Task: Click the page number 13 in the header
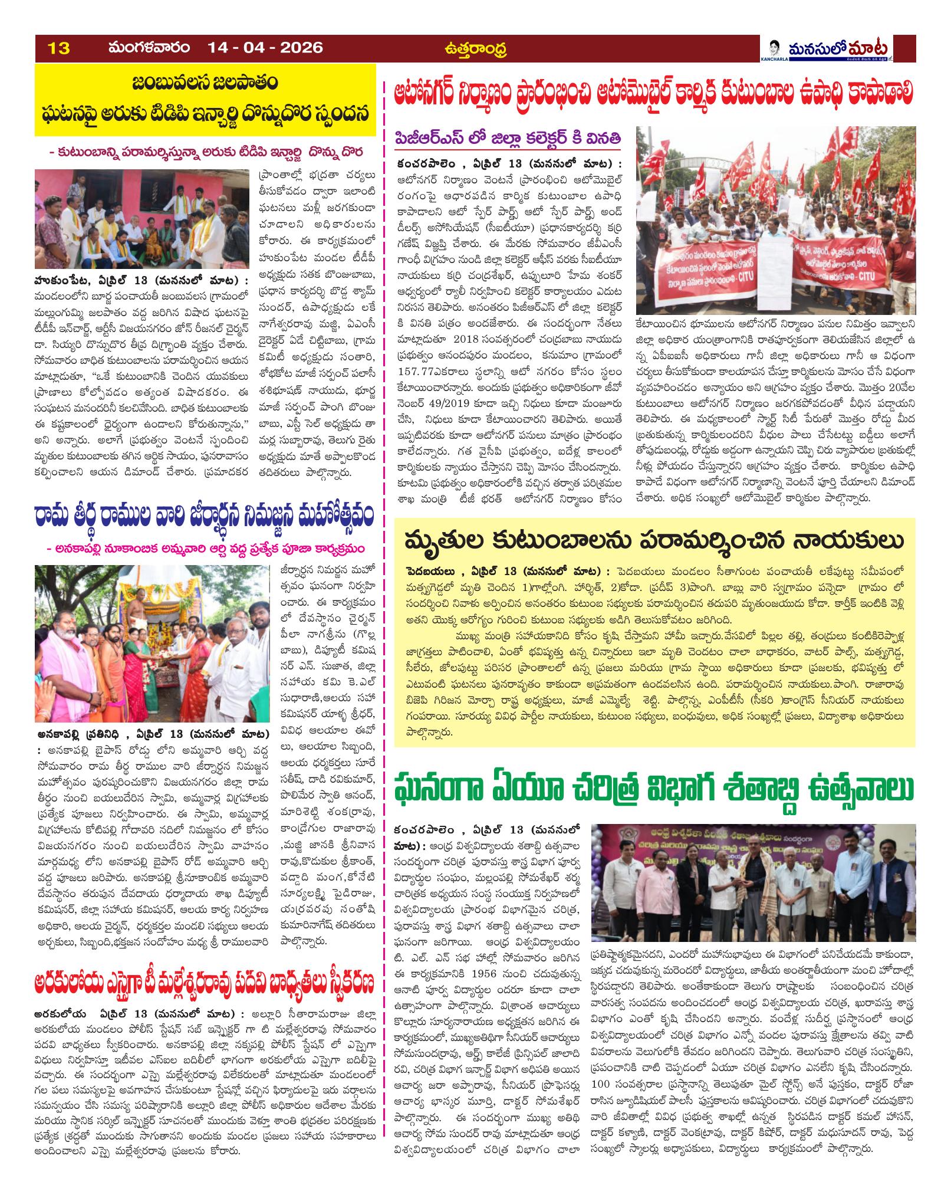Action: [60, 48]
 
